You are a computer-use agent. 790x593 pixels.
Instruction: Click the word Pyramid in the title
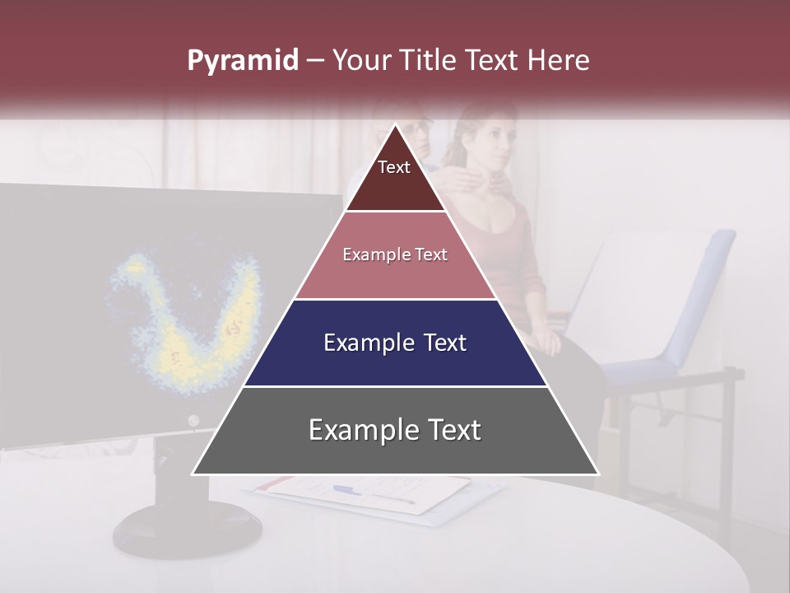(x=243, y=61)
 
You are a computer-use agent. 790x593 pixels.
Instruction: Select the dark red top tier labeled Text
(x=395, y=177)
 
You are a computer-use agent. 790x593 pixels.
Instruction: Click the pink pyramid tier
(x=395, y=255)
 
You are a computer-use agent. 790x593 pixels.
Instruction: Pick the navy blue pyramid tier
(x=395, y=343)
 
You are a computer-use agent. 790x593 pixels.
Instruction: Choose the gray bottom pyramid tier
(x=395, y=430)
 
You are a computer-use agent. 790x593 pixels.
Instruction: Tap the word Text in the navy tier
(x=439, y=343)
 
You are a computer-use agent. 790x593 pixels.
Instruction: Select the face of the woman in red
(x=494, y=142)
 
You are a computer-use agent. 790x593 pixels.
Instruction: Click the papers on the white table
(x=370, y=494)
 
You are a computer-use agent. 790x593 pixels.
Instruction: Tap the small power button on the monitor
(x=193, y=421)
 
